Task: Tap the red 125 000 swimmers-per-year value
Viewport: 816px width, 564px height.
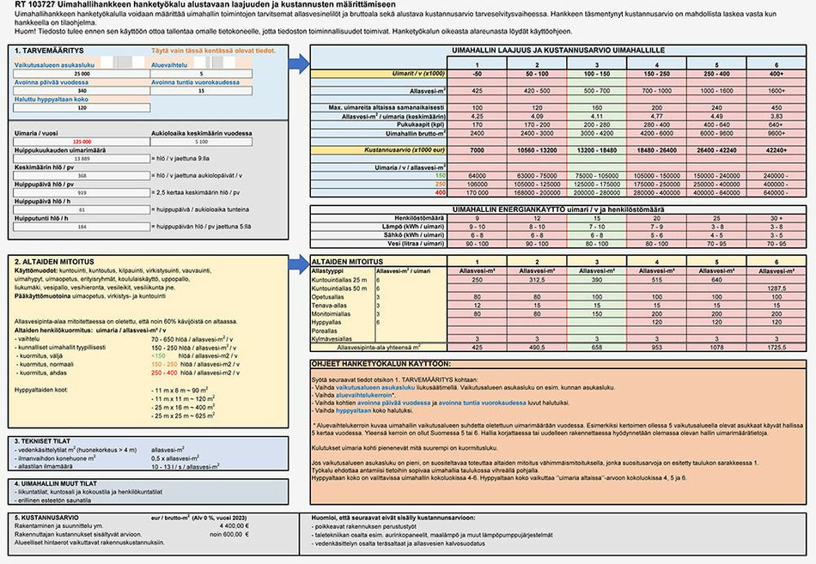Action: pyautogui.click(x=82, y=141)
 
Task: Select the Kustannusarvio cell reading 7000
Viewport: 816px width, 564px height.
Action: pyautogui.click(x=477, y=149)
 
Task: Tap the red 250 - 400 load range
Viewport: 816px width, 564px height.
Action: pyautogui.click(x=163, y=373)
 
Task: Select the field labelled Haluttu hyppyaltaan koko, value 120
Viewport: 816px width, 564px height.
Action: pyautogui.click(x=82, y=107)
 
